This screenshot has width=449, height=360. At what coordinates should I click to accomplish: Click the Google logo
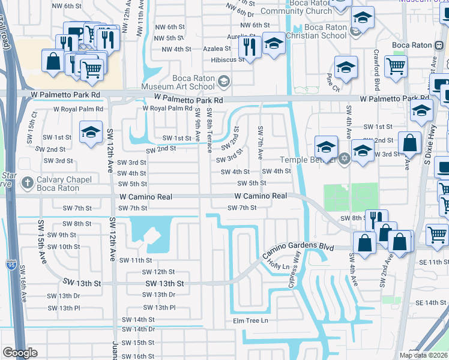20,353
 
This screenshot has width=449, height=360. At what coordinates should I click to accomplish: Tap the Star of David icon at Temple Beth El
343,159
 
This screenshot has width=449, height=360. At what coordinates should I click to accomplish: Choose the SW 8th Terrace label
209,130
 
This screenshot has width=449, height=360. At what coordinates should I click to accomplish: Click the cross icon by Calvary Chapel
27,182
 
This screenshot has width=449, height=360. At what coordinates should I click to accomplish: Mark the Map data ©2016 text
423,355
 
